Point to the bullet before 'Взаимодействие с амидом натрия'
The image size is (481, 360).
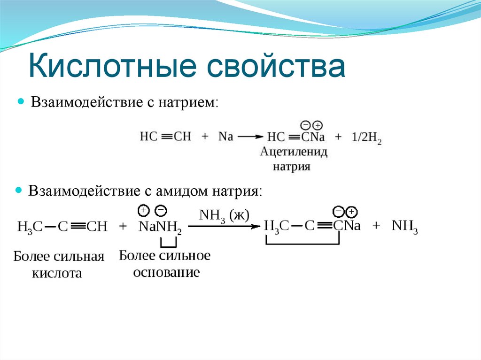[19, 191]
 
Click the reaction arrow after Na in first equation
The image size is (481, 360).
[250, 137]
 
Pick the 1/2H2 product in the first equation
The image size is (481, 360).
[366, 138]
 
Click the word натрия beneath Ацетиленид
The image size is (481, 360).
[292, 166]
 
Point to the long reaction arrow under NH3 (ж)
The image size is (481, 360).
[224, 226]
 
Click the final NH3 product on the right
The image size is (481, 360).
[405, 226]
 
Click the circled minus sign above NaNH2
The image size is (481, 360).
[161, 209]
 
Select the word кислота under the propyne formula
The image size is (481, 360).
[57, 273]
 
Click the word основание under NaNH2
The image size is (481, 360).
[166, 272]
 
